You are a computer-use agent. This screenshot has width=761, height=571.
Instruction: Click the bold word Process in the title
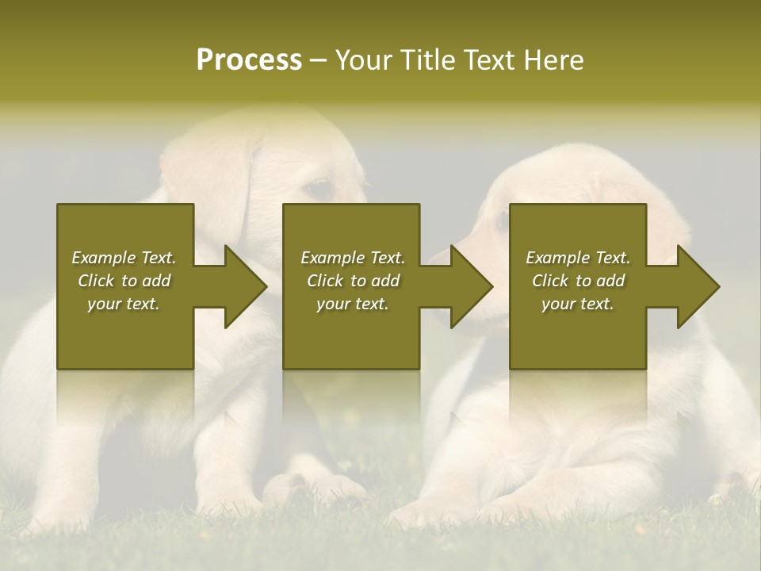coord(249,60)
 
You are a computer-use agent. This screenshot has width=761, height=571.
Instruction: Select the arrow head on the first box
coord(243,286)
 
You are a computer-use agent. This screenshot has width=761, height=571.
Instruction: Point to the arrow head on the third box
coord(696,286)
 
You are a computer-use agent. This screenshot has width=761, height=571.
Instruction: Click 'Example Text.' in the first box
coord(124,258)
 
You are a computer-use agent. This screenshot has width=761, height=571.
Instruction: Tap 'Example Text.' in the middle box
coord(352,258)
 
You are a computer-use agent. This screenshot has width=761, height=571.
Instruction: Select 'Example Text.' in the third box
coord(578,258)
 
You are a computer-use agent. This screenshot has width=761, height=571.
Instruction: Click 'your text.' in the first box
coord(124,304)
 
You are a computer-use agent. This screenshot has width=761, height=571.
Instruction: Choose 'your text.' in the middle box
coord(352,304)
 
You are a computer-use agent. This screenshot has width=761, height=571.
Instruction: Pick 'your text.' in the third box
coord(578,304)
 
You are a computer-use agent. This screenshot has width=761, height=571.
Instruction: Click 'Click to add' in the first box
coord(124,281)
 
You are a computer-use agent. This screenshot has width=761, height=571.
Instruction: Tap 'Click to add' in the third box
coord(578,281)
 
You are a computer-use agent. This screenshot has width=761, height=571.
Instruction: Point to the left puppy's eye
coord(319,190)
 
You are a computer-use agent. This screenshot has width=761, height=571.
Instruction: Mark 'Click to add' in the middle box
coord(352,281)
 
